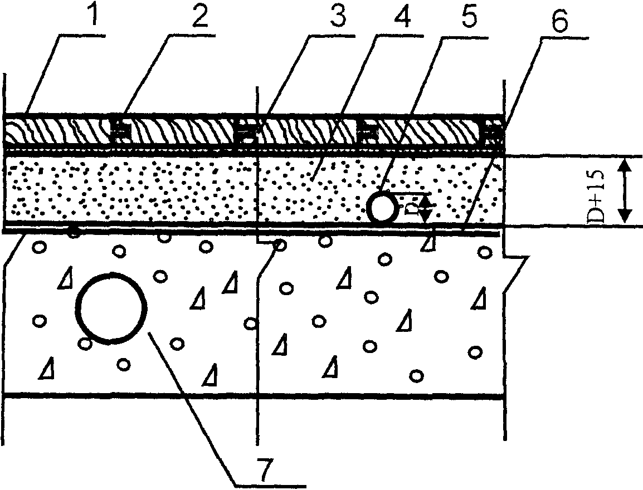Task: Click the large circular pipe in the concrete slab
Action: coord(113,307)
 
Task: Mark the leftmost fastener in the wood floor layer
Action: coord(118,133)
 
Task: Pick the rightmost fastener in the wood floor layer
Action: coord(494,132)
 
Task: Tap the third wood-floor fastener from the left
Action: coord(367,133)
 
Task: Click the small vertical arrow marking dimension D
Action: coord(425,209)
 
